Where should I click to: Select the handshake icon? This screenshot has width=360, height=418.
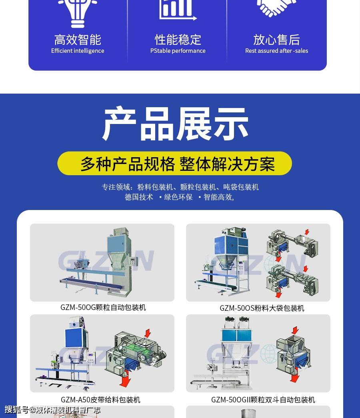pos(276,8)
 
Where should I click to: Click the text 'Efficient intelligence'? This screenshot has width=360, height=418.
pos(78,51)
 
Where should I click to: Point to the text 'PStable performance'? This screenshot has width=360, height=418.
pos(178,51)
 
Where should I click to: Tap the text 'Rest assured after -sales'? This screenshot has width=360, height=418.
pos(276,51)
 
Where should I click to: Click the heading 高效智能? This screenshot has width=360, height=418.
pos(78,40)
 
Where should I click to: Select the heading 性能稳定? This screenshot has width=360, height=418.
pos(178,40)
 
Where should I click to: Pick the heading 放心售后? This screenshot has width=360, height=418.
pos(276,40)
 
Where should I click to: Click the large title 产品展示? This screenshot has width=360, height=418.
pos(176,124)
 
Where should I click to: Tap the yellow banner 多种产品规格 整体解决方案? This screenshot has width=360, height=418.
pos(175,164)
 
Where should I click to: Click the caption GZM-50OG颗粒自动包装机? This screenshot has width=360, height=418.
pos(103,307)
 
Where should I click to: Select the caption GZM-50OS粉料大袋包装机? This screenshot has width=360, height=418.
pos(262,308)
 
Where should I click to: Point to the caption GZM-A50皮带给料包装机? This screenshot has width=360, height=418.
pos(100,400)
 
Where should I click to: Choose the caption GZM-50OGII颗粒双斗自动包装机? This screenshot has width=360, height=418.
pos(263,400)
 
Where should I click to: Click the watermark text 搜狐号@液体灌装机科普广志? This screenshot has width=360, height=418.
pos(52,410)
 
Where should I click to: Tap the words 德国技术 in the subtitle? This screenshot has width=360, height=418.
pos(139,197)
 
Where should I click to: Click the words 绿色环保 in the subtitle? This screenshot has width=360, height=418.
pos(178,197)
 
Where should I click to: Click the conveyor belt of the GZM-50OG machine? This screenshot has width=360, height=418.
pos(92,284)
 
